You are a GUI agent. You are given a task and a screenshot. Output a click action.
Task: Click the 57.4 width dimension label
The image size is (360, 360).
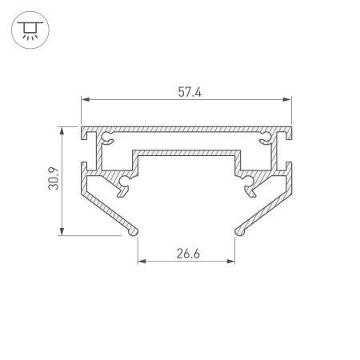coord(190,92)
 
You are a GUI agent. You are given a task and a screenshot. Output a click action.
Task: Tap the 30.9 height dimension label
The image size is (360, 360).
coord(54,178)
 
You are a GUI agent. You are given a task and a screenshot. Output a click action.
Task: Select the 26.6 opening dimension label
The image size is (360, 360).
coord(188,254)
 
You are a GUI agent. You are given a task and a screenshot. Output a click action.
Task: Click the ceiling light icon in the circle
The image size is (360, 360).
coord(30,30)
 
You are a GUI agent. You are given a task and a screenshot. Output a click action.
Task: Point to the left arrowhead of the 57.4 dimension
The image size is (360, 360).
coord(85,99)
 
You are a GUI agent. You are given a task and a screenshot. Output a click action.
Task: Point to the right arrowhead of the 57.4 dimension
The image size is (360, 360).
coord(287,99)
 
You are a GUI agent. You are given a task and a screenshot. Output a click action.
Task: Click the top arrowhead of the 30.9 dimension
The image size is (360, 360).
coord(62,130)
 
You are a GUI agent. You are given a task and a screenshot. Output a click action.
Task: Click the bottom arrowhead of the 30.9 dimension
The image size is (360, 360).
coord(62,231)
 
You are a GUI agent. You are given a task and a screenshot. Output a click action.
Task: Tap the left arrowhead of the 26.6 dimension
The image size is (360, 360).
coord(142,261)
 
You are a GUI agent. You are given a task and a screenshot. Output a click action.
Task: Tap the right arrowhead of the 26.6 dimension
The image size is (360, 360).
coord(231,261)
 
